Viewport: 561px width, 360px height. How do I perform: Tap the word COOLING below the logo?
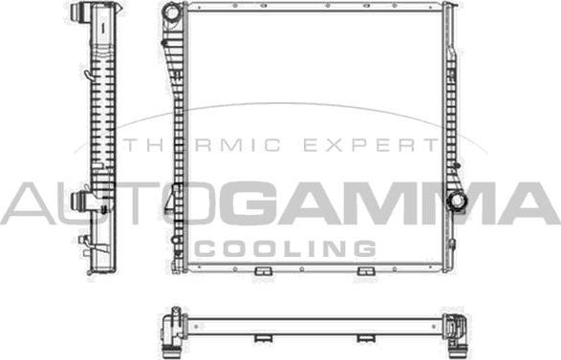pos(285,248)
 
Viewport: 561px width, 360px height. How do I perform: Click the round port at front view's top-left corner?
pos(171,15)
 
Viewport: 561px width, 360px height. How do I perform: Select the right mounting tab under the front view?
pos(364,274)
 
